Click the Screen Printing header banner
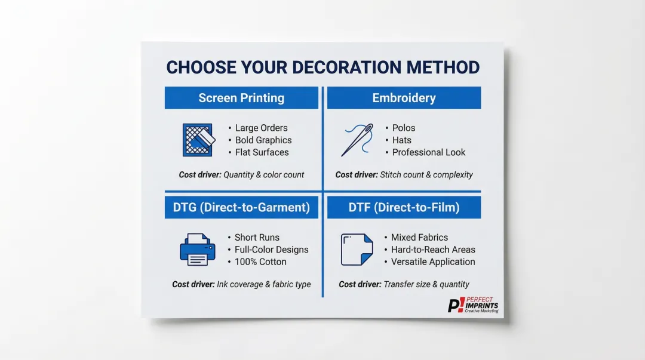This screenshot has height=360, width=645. pos(241,98)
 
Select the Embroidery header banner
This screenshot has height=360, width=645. pos(404,98)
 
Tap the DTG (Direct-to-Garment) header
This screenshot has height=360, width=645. pos(241,208)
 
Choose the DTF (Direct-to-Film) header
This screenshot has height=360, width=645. pos(404,208)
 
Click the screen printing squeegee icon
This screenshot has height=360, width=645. pos(198,140)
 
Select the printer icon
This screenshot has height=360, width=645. pos(197,250)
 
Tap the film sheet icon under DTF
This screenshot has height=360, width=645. pos(357,250)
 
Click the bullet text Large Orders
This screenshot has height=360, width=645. pos(261,128)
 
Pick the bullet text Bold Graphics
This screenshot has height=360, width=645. pos(263,140)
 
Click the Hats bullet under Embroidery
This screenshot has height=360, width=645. pos(401,140)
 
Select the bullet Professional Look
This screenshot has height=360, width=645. pos(428,152)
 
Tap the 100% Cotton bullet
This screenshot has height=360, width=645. pos(260,261)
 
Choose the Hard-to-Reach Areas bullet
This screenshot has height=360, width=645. pos(433,250)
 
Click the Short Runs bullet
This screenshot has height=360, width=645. pos(257,237)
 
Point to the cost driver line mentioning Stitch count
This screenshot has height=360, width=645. pos(404,175)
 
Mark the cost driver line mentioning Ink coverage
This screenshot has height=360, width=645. pos(241,284)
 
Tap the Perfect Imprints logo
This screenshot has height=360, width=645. pos(473,305)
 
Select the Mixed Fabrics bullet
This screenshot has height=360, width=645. pos(419,237)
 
